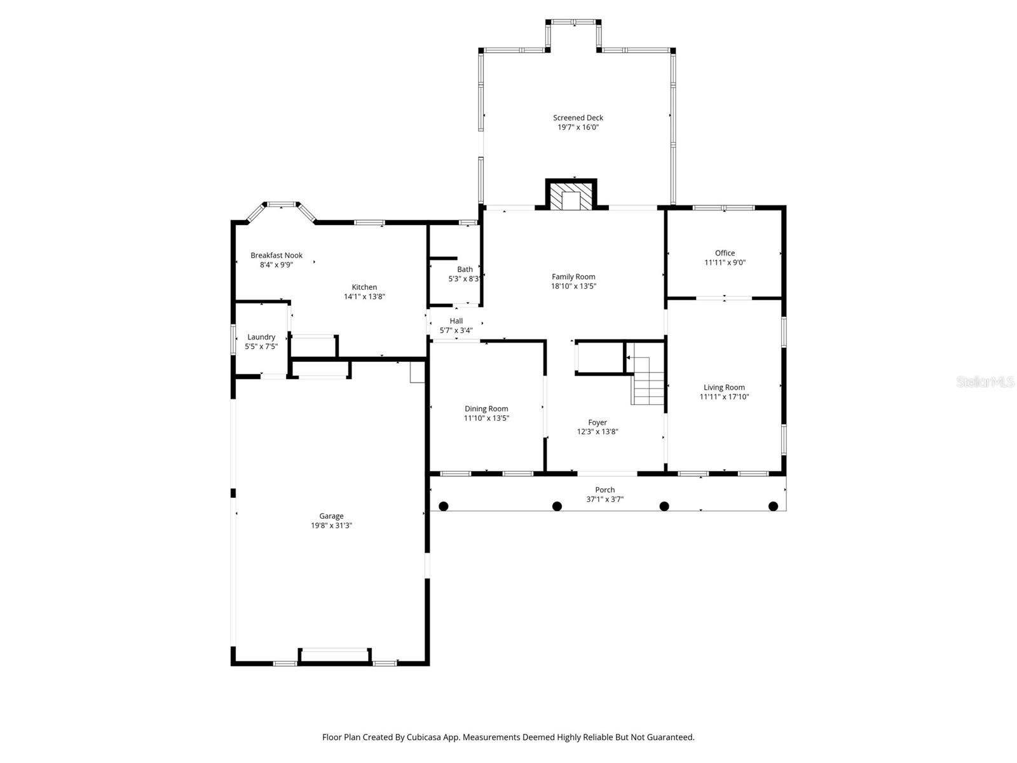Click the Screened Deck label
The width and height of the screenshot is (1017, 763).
578,118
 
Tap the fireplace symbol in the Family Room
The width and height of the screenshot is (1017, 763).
571,196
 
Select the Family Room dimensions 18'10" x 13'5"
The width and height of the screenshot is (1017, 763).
573,286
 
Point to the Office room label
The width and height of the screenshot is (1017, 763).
725,253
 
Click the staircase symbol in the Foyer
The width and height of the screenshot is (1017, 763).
648,381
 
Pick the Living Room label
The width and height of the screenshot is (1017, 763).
724,387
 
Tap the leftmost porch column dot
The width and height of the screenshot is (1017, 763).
444,506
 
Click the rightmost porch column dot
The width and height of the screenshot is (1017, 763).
774,506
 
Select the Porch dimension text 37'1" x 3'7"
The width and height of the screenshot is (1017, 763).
604,499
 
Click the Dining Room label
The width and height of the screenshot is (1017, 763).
486,409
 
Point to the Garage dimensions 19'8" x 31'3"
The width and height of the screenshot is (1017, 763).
331,526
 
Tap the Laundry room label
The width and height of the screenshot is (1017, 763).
261,337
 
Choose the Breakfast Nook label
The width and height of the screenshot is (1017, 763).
276,256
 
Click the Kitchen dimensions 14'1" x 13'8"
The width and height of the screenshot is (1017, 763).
364,296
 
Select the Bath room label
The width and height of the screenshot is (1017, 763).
465,270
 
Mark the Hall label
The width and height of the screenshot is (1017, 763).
456,321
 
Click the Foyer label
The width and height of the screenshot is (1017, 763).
597,422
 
